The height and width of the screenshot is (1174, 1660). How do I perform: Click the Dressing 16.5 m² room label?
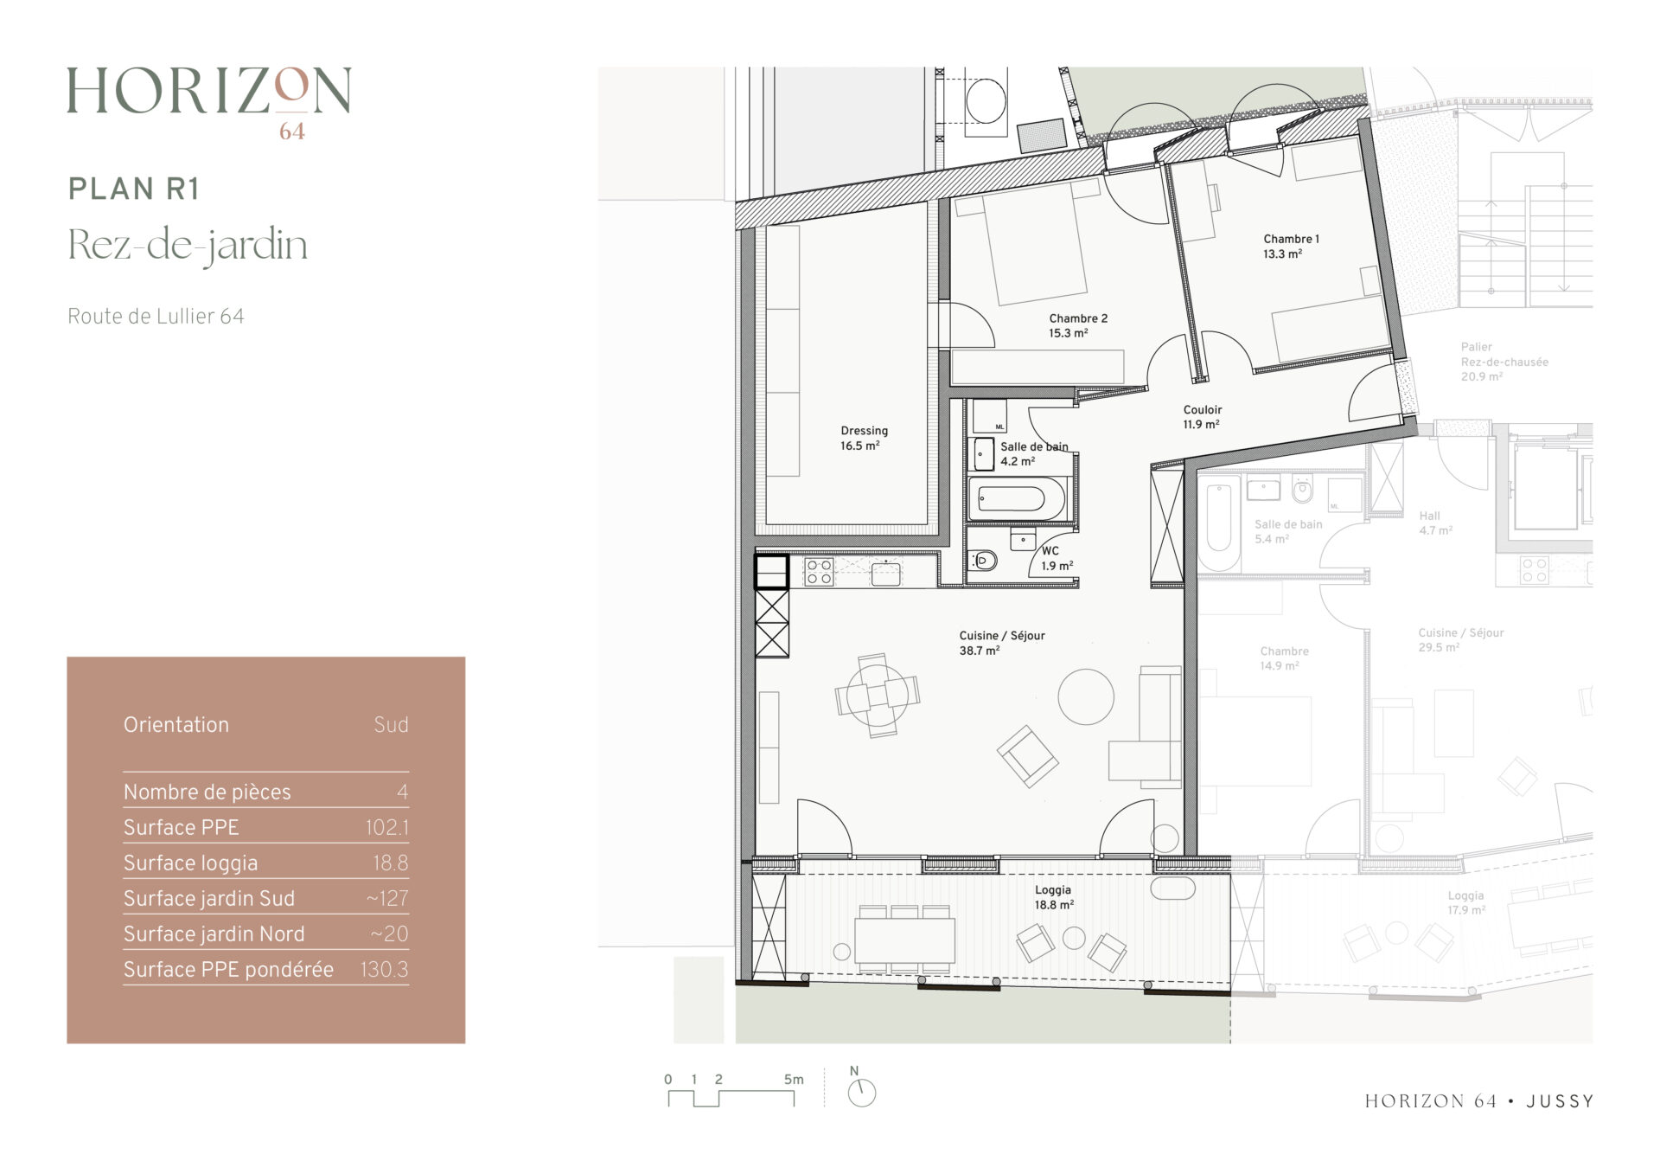pyautogui.click(x=864, y=438)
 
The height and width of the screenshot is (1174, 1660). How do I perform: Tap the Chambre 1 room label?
pyautogui.click(x=1291, y=246)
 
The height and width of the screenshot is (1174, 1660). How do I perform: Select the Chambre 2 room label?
pyautogui.click(x=1078, y=325)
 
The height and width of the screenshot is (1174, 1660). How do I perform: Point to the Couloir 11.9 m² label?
pyautogui.click(x=1202, y=417)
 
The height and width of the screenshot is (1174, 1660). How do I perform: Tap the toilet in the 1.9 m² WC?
pyautogui.click(x=982, y=561)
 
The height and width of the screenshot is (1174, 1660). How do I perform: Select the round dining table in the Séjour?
pyautogui.click(x=877, y=695)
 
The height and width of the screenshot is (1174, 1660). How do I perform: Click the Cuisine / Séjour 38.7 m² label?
pyautogui.click(x=1001, y=643)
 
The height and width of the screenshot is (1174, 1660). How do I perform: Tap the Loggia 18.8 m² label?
pyautogui.click(x=1054, y=897)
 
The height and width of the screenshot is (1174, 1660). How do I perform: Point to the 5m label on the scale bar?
pyautogui.click(x=794, y=1079)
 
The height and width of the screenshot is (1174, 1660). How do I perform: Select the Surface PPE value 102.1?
pyautogui.click(x=386, y=828)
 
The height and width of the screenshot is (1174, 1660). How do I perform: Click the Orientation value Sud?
pyautogui.click(x=391, y=725)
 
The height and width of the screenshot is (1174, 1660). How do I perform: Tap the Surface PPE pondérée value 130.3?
pyautogui.click(x=384, y=970)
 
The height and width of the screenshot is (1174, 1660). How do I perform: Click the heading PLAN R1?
pyautogui.click(x=134, y=189)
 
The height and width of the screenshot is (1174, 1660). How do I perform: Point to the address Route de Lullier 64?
pyautogui.click(x=156, y=317)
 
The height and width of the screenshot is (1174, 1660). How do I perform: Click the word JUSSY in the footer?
pyautogui.click(x=1560, y=1101)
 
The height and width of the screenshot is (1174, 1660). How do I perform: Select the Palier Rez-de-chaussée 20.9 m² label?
pyautogui.click(x=1504, y=362)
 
